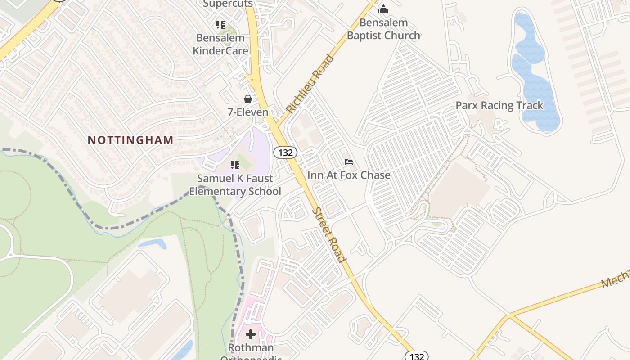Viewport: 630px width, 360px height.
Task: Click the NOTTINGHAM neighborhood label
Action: [x=130, y=140]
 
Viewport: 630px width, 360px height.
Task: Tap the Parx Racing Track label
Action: [x=499, y=105]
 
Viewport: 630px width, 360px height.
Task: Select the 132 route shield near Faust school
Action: [x=285, y=153]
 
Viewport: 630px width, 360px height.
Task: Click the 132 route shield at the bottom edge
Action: [x=417, y=356]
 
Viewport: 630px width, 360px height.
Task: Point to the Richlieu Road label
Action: [x=310, y=84]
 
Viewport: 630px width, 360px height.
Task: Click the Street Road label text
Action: [x=330, y=234]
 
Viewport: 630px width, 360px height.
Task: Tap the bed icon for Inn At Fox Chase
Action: [x=348, y=162]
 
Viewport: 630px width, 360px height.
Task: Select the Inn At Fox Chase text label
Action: [x=349, y=175]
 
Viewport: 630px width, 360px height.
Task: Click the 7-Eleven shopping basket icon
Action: [x=247, y=99]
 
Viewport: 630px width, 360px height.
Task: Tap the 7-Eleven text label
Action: [x=248, y=112]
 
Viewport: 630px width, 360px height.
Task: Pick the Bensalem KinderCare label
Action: [x=220, y=44]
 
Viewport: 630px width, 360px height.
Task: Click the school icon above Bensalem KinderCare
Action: [x=220, y=24]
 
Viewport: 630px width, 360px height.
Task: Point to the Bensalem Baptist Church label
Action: [x=383, y=29]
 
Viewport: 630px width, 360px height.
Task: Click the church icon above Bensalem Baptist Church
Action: [x=383, y=9]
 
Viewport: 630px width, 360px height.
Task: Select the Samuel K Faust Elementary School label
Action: [x=235, y=184]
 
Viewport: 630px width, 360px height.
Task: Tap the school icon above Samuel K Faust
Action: [x=234, y=165]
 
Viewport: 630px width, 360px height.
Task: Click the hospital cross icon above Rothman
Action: [x=251, y=334]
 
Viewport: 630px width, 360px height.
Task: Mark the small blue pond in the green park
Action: [x=153, y=244]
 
